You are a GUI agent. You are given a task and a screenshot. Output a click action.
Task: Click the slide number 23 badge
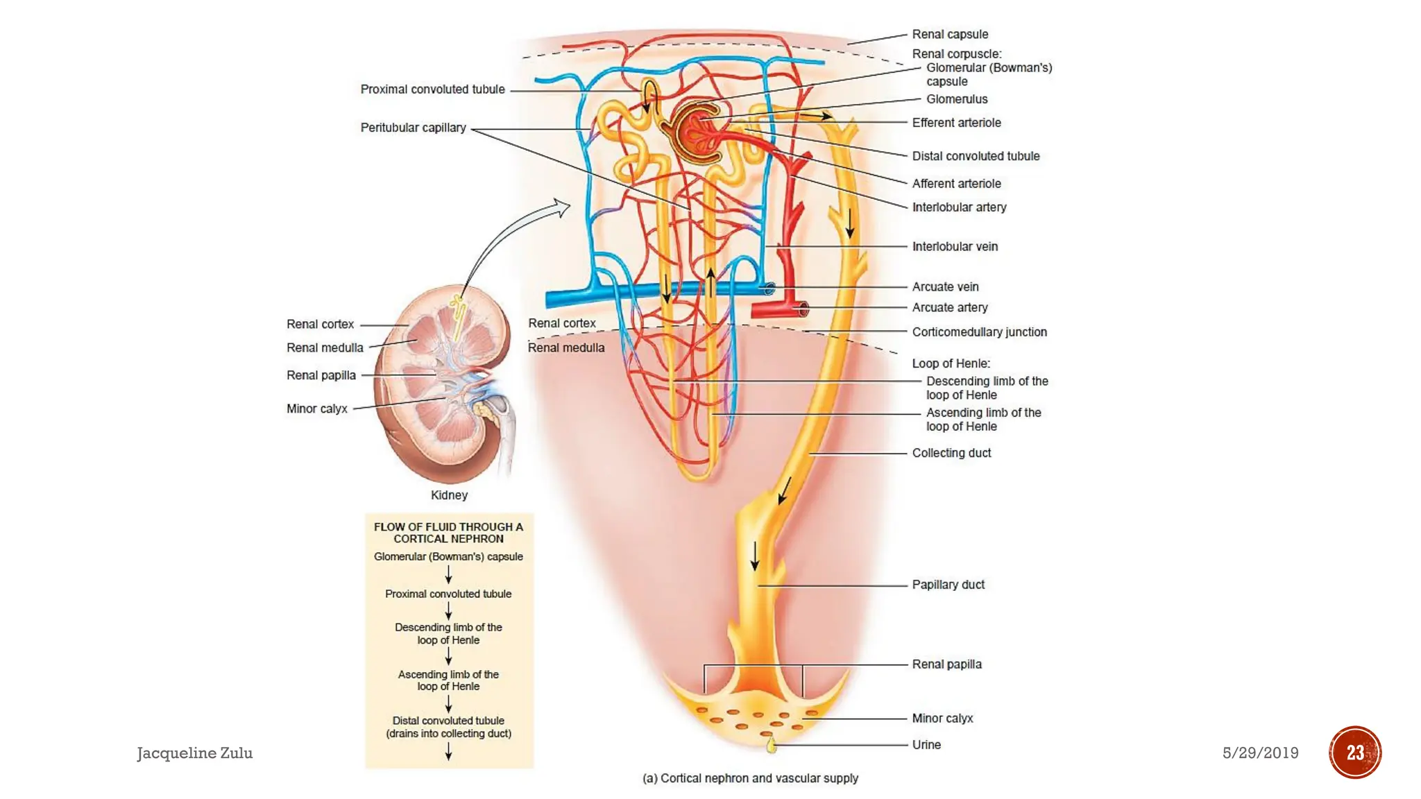point(1354,753)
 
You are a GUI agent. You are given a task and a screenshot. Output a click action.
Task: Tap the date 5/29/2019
point(1260,753)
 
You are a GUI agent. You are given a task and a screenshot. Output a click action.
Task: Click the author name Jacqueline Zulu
point(194,753)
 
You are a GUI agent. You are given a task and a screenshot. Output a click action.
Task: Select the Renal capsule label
point(949,34)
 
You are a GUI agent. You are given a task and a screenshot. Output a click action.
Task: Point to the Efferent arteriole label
point(956,123)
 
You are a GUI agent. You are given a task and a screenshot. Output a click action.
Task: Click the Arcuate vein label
point(945,286)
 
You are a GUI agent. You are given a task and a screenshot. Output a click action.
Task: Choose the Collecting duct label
point(951,453)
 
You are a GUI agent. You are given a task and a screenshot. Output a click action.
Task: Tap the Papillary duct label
point(948,585)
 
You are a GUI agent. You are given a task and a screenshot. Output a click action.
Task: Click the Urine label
point(926,745)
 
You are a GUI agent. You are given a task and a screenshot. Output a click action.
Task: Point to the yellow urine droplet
point(770,746)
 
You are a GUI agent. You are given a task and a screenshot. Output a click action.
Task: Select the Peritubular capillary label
point(413,128)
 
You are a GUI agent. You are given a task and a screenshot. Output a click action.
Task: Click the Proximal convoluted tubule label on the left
point(432,89)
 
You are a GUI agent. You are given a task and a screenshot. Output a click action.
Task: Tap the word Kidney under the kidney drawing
point(449,495)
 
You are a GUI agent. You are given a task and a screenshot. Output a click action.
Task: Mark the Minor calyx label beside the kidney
point(316,409)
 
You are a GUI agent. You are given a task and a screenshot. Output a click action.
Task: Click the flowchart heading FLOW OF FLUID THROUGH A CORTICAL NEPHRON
point(448,533)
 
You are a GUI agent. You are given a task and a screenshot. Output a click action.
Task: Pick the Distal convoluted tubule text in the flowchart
point(448,721)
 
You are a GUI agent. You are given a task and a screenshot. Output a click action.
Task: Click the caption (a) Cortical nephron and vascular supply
point(750,778)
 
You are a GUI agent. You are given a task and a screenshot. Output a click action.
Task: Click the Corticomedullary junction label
point(979,332)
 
